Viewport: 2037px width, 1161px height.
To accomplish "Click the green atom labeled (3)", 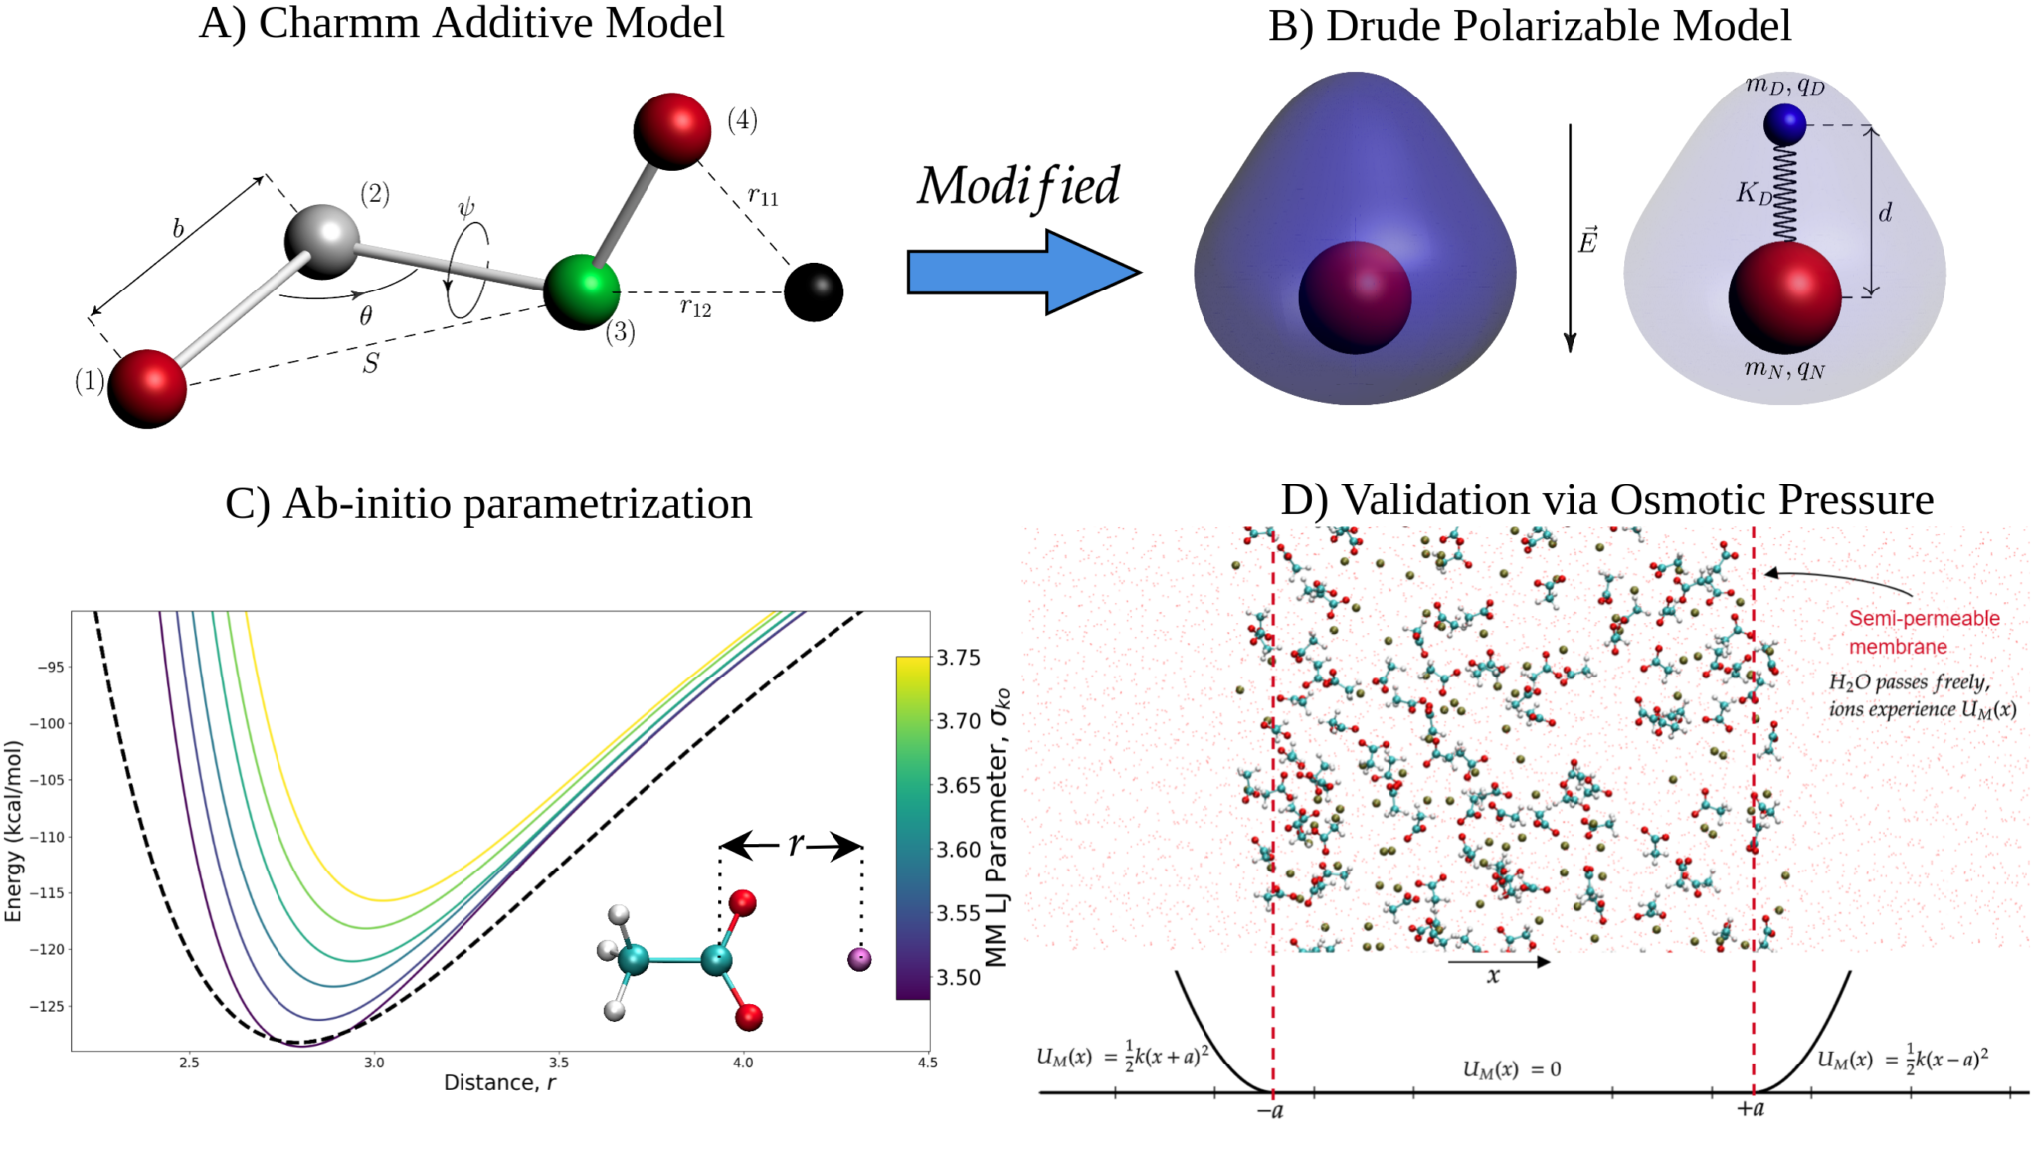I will click(582, 290).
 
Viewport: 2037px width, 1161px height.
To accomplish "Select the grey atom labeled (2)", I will click(321, 242).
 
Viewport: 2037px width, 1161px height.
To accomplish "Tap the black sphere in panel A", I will click(814, 292).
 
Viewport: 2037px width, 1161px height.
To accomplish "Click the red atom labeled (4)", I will click(672, 131).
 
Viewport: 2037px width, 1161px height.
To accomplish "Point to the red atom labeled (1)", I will click(147, 389).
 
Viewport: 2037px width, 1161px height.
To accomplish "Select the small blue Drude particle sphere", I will click(1784, 125).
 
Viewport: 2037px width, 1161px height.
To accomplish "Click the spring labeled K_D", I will click(1784, 194).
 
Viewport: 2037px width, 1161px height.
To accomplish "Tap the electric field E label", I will click(1587, 241).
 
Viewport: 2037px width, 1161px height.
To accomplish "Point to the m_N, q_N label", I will click(1784, 369).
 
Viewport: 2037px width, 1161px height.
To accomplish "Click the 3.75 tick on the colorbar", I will click(959, 658).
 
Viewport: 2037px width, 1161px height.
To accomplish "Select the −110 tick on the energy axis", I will click(49, 837).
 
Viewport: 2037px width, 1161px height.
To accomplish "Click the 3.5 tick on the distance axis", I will click(558, 1063).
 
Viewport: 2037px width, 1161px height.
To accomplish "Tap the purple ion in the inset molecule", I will click(859, 959).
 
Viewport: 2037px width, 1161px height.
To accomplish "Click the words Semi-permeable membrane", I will click(1923, 632).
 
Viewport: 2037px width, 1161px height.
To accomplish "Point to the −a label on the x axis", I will click(1270, 1110).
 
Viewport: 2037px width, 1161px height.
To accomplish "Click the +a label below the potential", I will click(1751, 1108).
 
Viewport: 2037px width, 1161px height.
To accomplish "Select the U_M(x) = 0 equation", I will click(1511, 1069).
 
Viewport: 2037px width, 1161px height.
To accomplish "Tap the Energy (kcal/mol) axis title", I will click(14, 831).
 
